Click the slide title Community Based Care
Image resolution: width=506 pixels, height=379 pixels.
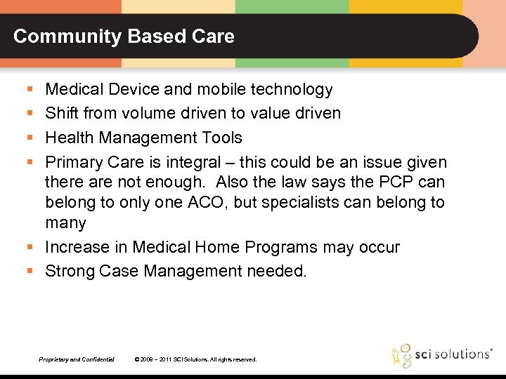124,36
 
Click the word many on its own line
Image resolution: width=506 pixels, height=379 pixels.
65,223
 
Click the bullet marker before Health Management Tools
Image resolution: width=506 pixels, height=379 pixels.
29,138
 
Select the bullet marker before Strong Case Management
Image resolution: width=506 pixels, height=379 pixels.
29,272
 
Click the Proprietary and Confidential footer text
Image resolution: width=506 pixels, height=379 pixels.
77,359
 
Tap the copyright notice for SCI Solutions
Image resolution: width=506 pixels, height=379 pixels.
195,359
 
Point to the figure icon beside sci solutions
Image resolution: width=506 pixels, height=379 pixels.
402,355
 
